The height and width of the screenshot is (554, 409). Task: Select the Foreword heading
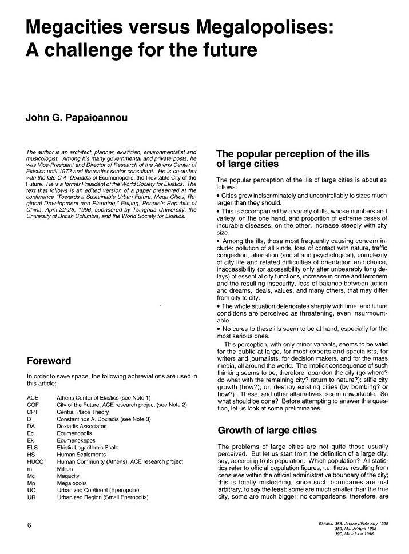tap(49, 361)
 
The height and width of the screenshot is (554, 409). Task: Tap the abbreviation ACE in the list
tap(33, 397)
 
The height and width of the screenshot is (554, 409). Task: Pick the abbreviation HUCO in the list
tap(35, 461)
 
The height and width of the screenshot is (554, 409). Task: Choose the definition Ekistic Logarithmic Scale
tap(88, 447)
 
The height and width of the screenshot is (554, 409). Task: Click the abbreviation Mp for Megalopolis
tap(31, 483)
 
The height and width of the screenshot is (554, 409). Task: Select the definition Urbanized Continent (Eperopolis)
tap(101, 490)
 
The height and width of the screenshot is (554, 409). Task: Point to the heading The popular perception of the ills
tap(292, 154)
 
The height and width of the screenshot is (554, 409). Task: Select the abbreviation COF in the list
tap(33, 404)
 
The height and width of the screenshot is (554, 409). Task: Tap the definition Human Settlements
tap(80, 454)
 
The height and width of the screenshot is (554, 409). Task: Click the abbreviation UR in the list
tap(31, 497)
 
